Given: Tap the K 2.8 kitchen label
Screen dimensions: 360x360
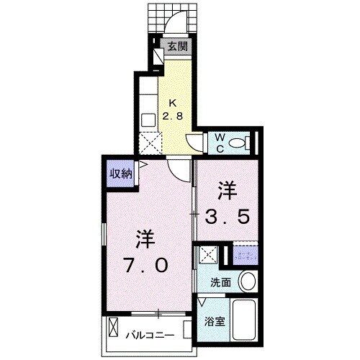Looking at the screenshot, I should tap(176, 110).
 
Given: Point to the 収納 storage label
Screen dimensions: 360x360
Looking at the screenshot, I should tap(120, 173).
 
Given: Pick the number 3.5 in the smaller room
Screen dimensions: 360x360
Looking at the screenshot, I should tap(230, 216).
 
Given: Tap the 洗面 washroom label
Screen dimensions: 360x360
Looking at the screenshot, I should tap(220, 282).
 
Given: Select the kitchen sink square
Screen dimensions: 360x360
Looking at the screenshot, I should tap(148, 120).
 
